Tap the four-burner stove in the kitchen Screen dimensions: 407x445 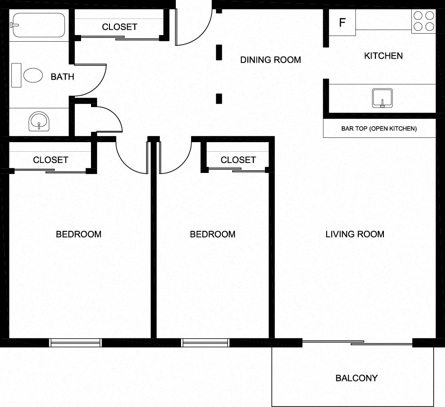click(x=423, y=21)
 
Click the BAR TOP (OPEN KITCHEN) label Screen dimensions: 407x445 click(x=379, y=128)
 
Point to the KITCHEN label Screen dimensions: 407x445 click(x=383, y=56)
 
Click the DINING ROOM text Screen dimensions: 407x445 click(x=270, y=60)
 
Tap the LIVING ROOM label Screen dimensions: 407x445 click(x=354, y=234)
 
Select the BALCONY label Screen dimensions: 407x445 click(x=356, y=378)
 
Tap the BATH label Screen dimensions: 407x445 click(x=62, y=76)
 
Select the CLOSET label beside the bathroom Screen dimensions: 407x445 click(x=119, y=27)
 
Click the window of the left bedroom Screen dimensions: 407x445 click(x=76, y=343)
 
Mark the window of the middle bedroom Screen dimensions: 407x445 click(x=206, y=343)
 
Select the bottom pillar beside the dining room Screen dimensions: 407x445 click(x=219, y=99)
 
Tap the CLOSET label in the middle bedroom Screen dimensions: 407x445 click(x=238, y=160)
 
